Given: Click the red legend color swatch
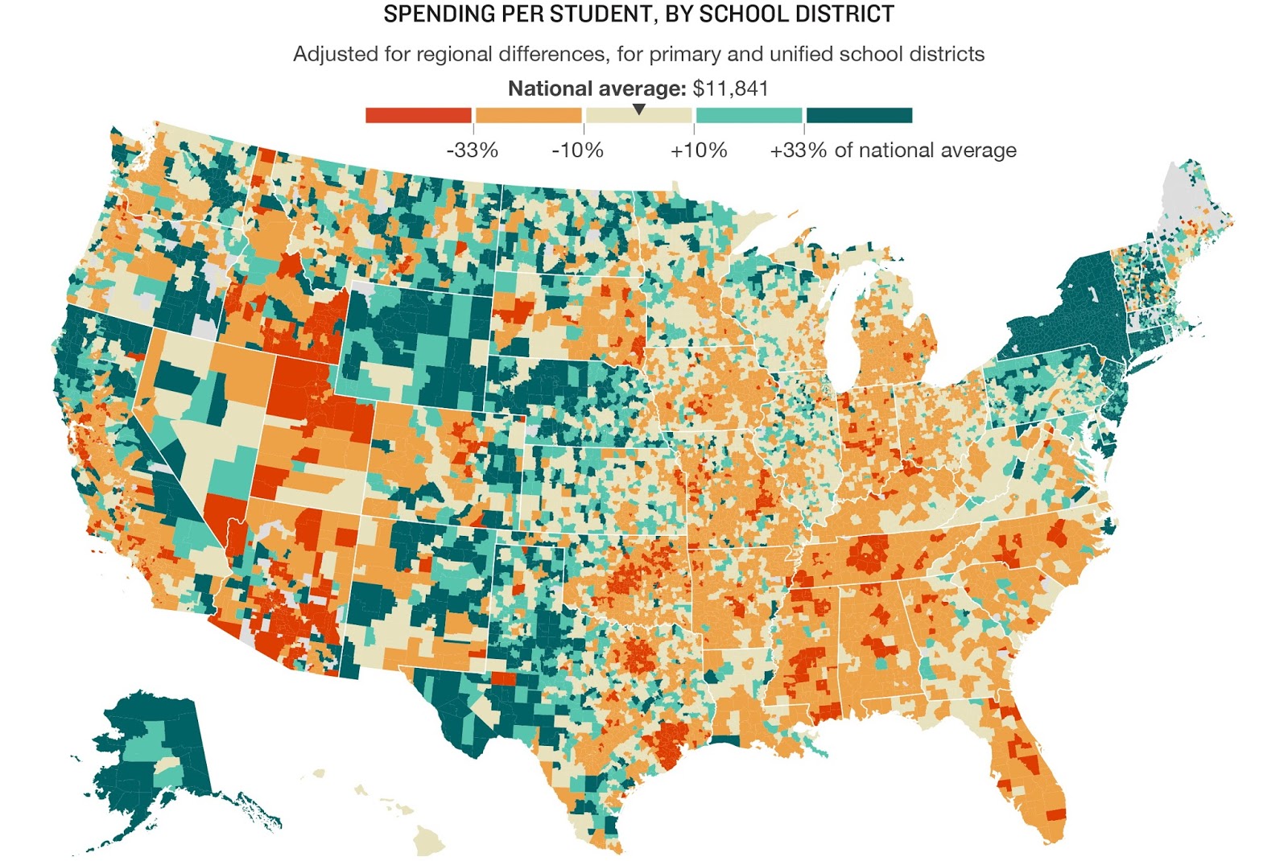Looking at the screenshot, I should click(418, 115).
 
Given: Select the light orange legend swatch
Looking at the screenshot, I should click(528, 115).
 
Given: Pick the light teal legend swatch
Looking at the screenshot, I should click(749, 115).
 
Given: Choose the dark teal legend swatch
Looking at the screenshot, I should click(859, 115).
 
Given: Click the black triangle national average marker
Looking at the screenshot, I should click(638, 109).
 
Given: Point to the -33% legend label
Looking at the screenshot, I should click(473, 150).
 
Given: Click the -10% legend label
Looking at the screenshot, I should click(577, 150).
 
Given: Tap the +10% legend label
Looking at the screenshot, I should click(699, 150).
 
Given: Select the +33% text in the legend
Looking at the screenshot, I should click(797, 150).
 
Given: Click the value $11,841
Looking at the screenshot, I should click(730, 89).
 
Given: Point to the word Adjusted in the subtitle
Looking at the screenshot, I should click(333, 54).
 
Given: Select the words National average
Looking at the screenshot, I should click(596, 89).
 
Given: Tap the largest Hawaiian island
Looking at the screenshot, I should click(428, 841).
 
